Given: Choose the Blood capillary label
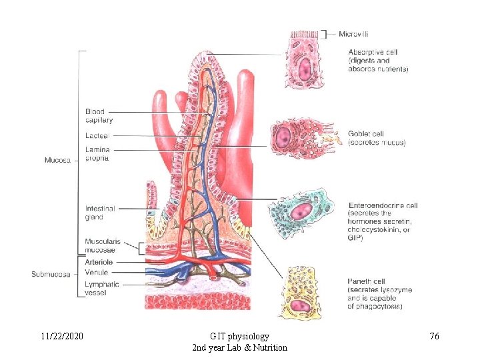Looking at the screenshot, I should click(x=99, y=116).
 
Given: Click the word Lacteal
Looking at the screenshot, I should click(x=97, y=135).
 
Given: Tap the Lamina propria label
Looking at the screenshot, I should click(x=98, y=154).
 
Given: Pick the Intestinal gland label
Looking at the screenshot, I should click(x=100, y=213).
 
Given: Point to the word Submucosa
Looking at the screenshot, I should click(x=51, y=273).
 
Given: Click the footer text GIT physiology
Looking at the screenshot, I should click(x=239, y=337).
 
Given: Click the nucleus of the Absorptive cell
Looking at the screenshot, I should click(x=305, y=68).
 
